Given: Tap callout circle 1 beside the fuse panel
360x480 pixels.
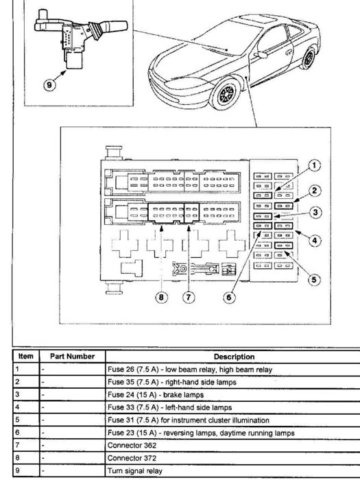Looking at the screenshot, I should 314,165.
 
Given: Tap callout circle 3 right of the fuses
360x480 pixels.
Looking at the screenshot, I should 315,213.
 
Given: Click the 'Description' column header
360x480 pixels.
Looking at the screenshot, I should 235,357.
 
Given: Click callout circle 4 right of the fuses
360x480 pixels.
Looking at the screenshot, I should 315,240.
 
